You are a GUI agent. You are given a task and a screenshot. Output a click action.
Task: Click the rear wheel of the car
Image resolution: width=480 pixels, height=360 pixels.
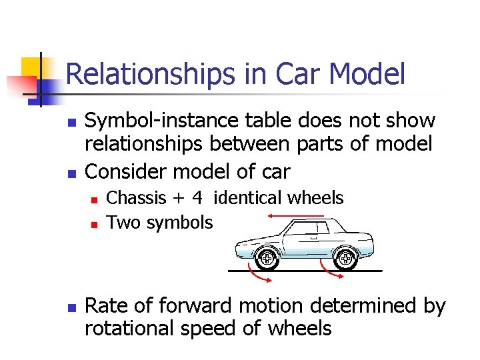pos(345,257)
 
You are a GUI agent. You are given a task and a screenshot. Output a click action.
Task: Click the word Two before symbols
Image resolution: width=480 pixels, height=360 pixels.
pos(122,222)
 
